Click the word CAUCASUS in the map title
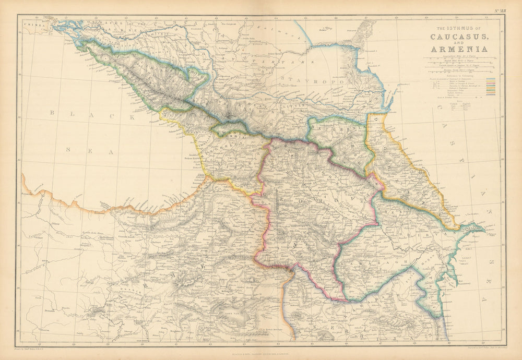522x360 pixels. point(459,38)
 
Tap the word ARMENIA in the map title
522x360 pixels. point(459,50)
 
